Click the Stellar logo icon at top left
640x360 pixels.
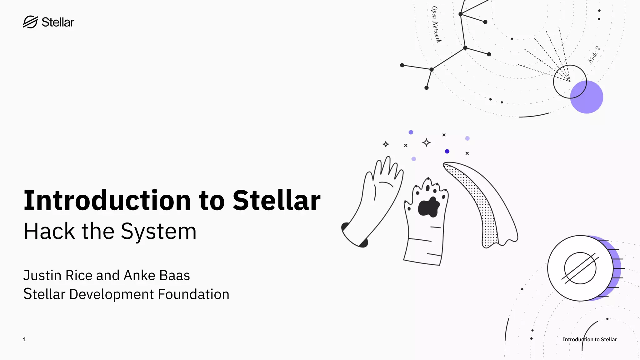click(x=30, y=22)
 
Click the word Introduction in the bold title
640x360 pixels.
click(x=107, y=200)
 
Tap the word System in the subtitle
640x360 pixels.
click(x=158, y=232)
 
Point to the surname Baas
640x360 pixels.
click(x=174, y=276)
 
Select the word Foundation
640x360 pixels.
click(x=193, y=294)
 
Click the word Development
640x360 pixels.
click(x=112, y=294)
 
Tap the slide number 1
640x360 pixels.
click(x=25, y=339)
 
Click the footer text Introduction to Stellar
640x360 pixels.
click(x=589, y=339)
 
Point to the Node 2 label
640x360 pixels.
click(x=594, y=55)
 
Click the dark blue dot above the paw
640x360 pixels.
click(x=447, y=151)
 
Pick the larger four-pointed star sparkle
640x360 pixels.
click(x=426, y=142)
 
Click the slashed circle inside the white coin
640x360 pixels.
click(x=580, y=268)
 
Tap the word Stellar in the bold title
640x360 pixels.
click(x=276, y=200)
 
